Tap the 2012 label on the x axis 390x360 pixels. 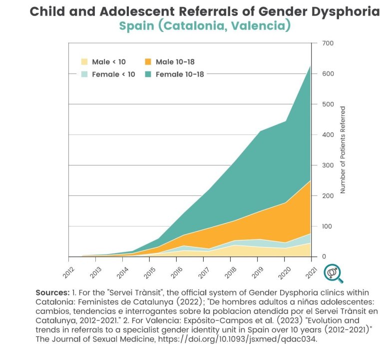[69, 270]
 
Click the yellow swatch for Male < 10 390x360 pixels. [84, 62]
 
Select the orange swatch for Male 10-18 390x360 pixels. [148, 62]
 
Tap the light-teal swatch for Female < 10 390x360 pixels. [84, 74]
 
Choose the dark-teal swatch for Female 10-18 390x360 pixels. [148, 74]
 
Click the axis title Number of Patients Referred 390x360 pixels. [343, 149]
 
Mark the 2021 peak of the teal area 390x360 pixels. [311, 66]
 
